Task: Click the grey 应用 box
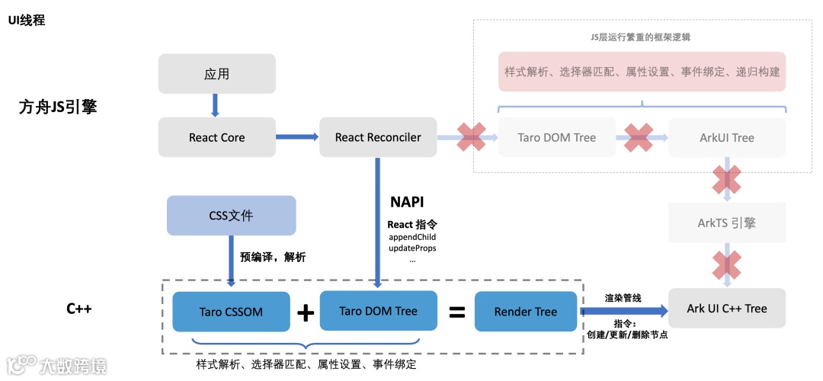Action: (x=216, y=74)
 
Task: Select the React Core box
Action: (x=216, y=138)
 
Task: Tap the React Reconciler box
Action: (x=378, y=138)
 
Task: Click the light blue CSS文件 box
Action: (x=231, y=216)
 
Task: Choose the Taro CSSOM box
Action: (x=231, y=312)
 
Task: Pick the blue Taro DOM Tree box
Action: (x=378, y=311)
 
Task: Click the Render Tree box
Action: (x=525, y=312)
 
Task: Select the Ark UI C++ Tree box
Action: (x=726, y=309)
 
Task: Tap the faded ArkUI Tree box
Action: (x=726, y=138)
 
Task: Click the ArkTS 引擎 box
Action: (x=726, y=223)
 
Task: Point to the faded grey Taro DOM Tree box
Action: (x=556, y=138)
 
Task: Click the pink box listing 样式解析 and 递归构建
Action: (x=642, y=72)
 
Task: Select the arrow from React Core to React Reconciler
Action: (x=296, y=137)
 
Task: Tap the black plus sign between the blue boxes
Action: (x=305, y=312)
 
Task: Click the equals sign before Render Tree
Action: (x=456, y=312)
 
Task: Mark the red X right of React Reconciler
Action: (x=471, y=137)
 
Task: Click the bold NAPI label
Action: (x=407, y=202)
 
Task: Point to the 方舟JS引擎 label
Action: (x=58, y=107)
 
